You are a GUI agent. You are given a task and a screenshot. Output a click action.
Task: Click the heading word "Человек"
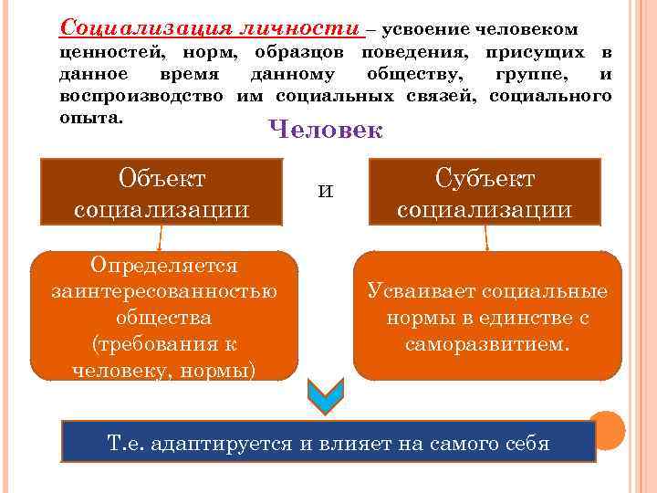(x=326, y=131)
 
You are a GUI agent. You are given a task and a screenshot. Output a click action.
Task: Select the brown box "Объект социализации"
(x=162, y=192)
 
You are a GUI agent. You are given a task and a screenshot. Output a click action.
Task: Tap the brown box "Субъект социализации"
(x=485, y=192)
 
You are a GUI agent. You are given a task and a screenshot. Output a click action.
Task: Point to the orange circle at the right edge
(x=607, y=429)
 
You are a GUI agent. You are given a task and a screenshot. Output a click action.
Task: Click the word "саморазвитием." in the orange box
(x=487, y=345)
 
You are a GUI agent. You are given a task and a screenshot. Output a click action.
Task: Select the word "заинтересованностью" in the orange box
(x=164, y=291)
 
